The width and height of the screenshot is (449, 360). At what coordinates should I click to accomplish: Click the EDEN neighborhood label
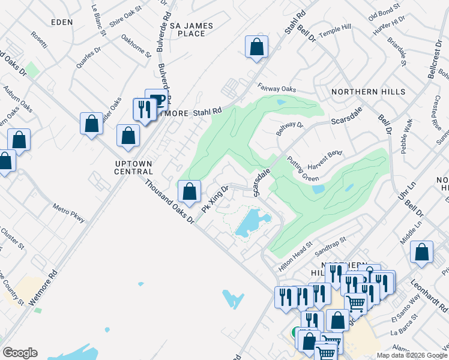62,22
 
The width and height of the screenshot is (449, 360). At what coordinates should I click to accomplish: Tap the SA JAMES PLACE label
192,30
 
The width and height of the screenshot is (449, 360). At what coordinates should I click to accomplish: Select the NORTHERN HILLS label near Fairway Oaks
368,92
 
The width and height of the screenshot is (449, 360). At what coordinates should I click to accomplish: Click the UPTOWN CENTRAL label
134,167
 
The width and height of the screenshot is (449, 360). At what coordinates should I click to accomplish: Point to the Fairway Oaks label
277,89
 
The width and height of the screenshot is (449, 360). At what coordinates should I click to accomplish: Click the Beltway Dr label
290,129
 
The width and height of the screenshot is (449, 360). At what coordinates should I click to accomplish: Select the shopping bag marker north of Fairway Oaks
256,47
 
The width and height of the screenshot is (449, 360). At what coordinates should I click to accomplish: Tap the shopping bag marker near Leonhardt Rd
422,253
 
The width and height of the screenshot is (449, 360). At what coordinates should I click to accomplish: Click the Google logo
20,353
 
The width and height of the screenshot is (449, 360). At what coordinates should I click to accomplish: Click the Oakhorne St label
136,47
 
